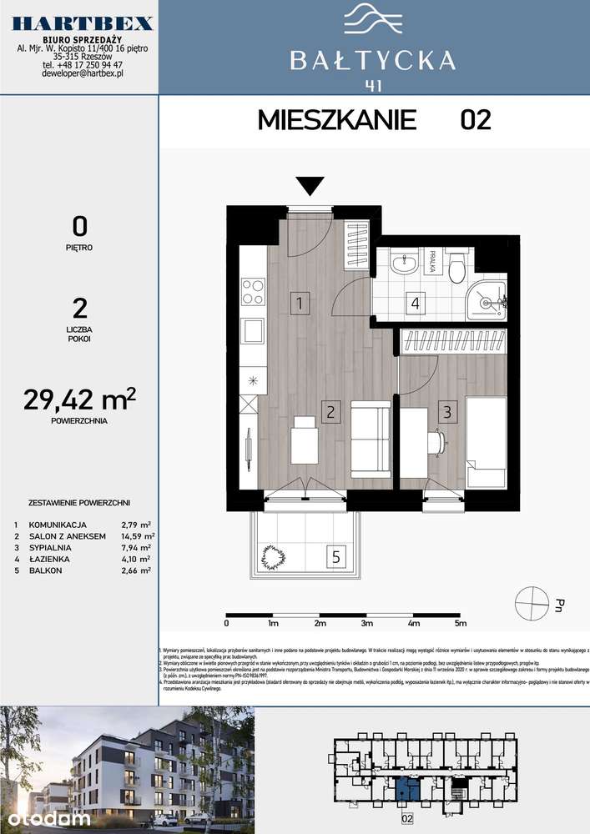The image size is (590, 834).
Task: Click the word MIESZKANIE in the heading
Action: (x=337, y=120)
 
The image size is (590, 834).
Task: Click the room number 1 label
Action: (x=297, y=304)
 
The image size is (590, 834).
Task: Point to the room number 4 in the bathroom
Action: (x=415, y=303)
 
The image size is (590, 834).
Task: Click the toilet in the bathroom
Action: (x=456, y=269)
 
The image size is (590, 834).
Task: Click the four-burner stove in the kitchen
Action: (x=253, y=292)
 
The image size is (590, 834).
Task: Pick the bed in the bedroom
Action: (x=485, y=442)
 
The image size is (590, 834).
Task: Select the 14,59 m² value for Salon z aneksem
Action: (x=139, y=536)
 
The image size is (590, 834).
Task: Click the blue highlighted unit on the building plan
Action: (x=406, y=786)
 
